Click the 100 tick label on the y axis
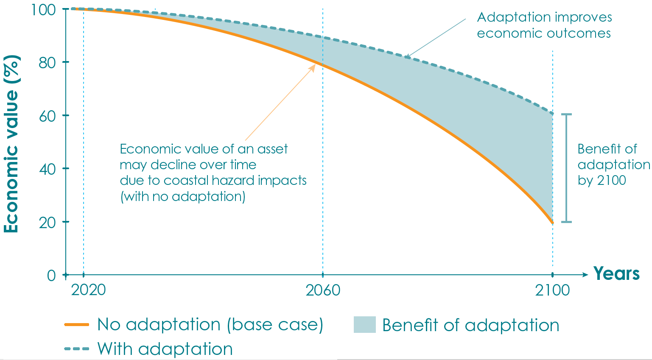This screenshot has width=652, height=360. pyautogui.click(x=43, y=9)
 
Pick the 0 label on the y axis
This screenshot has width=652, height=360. pyautogui.click(x=51, y=276)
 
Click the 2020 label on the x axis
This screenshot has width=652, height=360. pyautogui.click(x=88, y=290)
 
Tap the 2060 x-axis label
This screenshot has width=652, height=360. pyautogui.click(x=323, y=290)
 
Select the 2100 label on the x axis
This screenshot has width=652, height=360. pyautogui.click(x=552, y=290)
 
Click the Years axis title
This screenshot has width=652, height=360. pyautogui.click(x=616, y=273)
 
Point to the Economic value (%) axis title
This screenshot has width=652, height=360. pyautogui.click(x=11, y=144)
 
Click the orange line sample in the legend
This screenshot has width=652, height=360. pyautogui.click(x=77, y=325)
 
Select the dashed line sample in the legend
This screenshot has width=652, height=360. pyautogui.click(x=77, y=349)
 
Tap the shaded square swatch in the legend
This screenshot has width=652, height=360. pyautogui.click(x=364, y=325)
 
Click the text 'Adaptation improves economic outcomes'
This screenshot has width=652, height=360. pyautogui.click(x=544, y=25)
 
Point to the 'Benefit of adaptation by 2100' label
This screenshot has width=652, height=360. pyautogui.click(x=613, y=165)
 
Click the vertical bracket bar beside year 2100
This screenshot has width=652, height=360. pyautogui.click(x=566, y=168)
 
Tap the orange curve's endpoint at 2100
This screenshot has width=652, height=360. pyautogui.click(x=552, y=223)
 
